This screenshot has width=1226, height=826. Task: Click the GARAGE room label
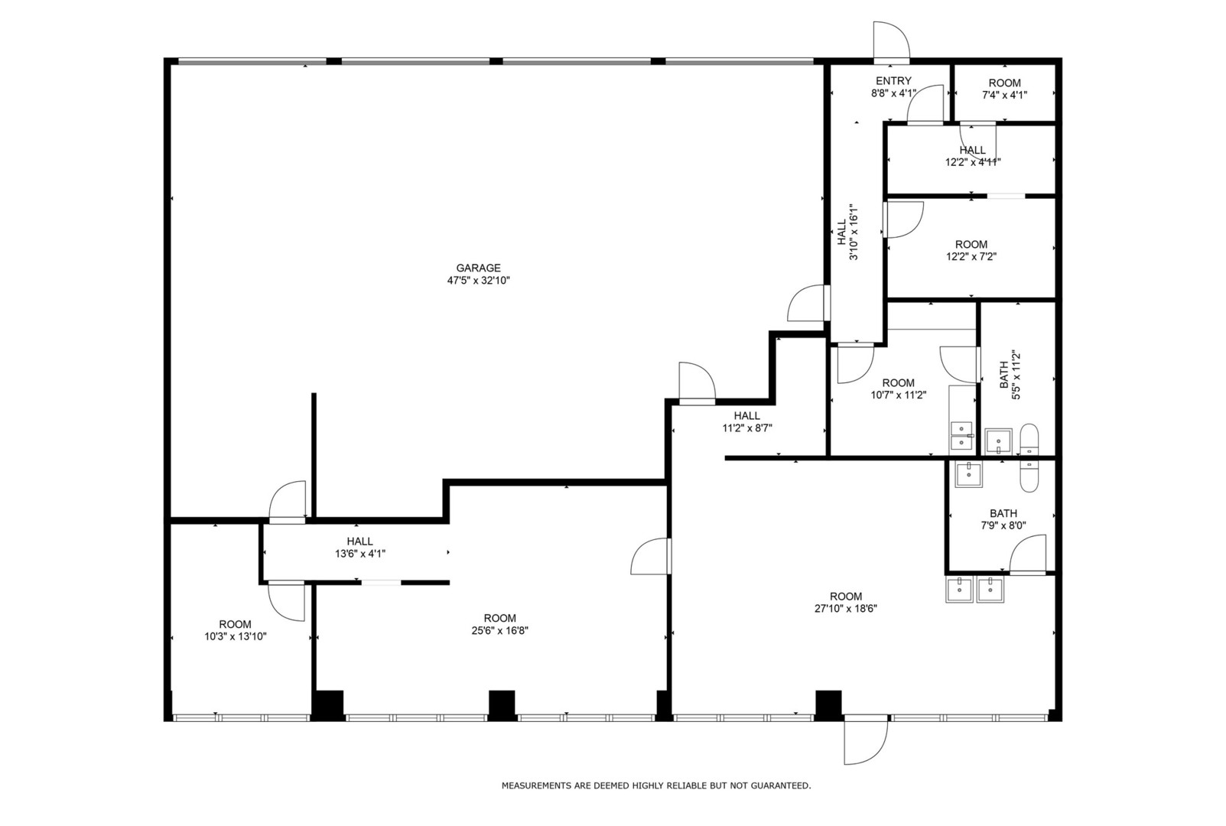point(478,268)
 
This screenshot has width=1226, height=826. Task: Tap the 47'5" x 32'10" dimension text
point(478,281)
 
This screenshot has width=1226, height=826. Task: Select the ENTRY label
point(893,81)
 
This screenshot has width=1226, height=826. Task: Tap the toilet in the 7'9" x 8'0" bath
point(1029,477)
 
